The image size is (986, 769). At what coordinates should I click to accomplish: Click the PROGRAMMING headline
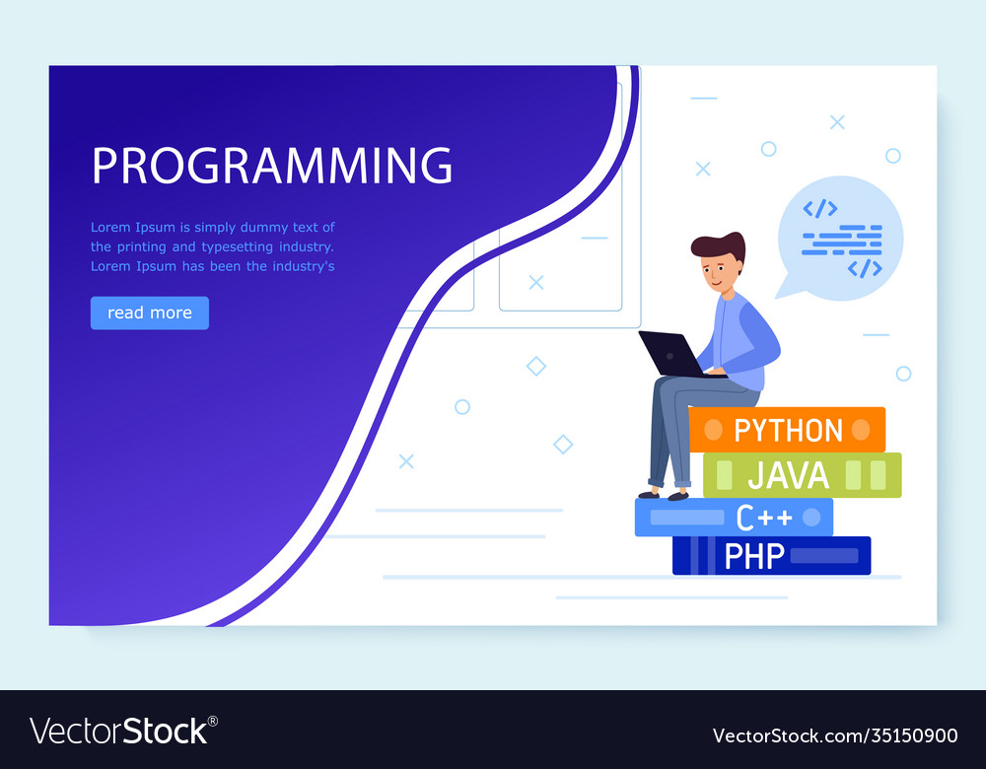pyautogui.click(x=272, y=166)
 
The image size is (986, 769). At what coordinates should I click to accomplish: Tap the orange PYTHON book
pyautogui.click(x=787, y=430)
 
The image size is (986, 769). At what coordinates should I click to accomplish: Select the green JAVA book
pyautogui.click(x=802, y=475)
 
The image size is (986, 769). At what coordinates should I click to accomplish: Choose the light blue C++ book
pyautogui.click(x=734, y=517)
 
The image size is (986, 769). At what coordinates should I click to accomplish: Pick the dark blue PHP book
pyautogui.click(x=771, y=556)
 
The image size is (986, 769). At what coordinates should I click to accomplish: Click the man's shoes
pyautogui.click(x=663, y=493)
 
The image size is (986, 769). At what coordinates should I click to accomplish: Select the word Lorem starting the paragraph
pyautogui.click(x=109, y=228)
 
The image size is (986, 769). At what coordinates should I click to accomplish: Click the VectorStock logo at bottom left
pyautogui.click(x=123, y=732)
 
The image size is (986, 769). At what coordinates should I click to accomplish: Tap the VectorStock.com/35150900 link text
pyautogui.click(x=834, y=735)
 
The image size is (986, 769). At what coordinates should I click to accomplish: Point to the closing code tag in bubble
pyautogui.click(x=865, y=267)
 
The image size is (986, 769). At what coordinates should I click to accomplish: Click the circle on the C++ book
pyautogui.click(x=811, y=517)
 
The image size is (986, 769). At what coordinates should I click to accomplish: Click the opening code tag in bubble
pyautogui.click(x=819, y=208)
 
